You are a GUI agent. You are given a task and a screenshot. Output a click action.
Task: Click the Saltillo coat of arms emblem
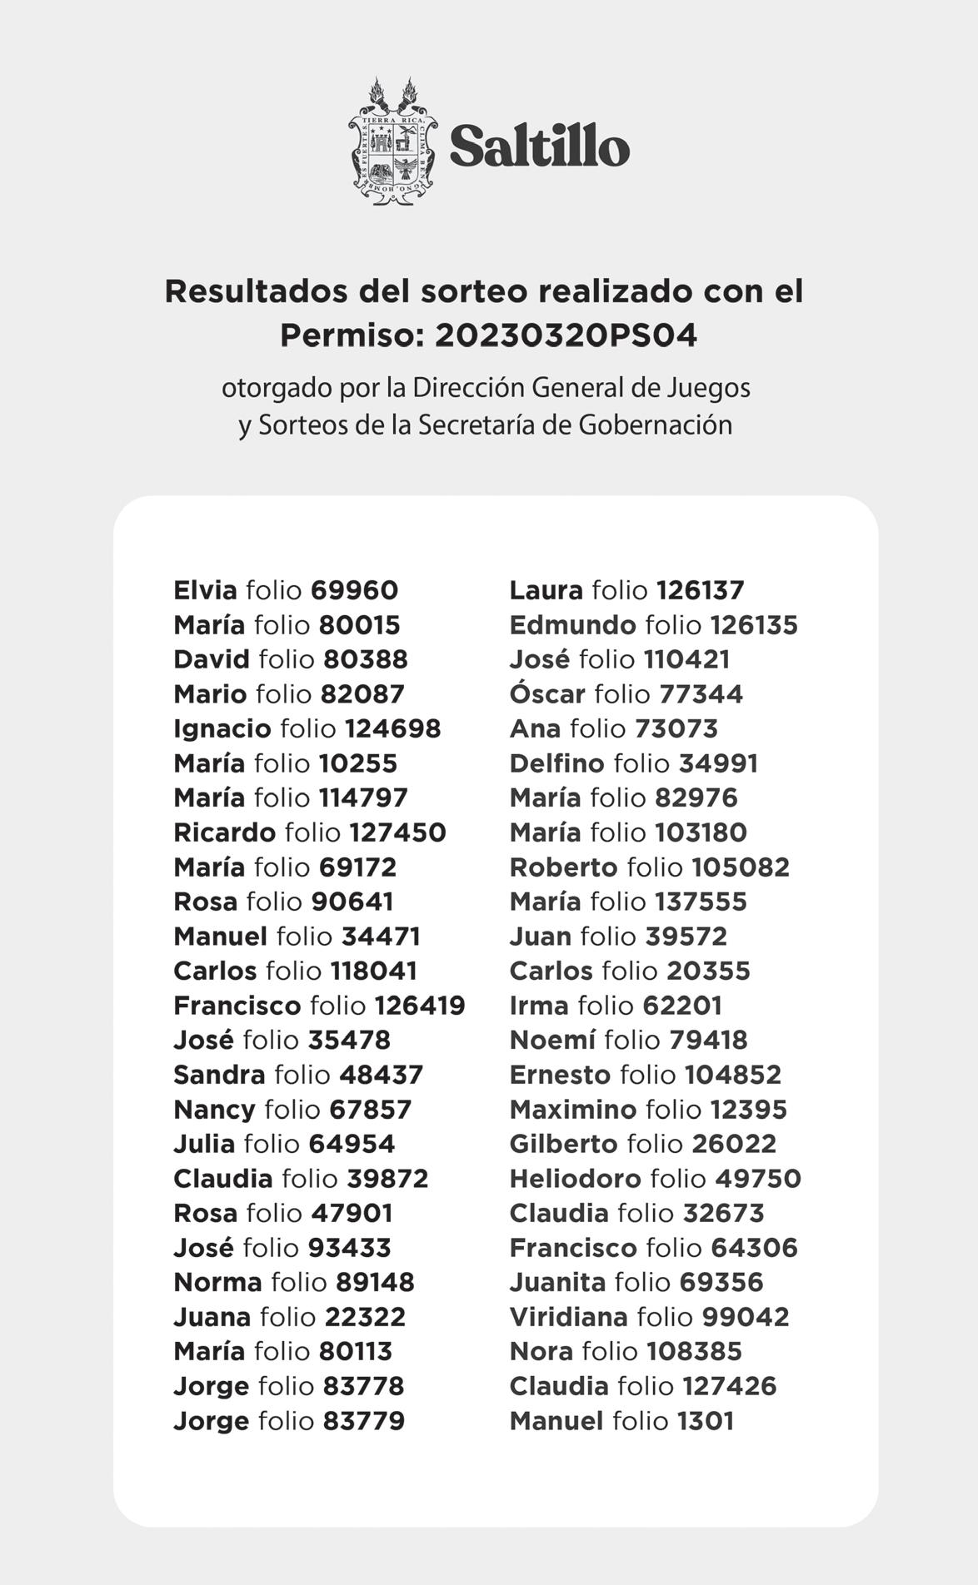click(392, 143)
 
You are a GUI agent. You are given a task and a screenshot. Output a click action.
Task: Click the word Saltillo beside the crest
click(539, 147)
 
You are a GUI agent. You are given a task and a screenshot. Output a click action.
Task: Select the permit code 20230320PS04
click(566, 335)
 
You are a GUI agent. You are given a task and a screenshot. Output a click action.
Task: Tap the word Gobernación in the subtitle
click(655, 425)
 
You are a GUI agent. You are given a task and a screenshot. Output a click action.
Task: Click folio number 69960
click(354, 590)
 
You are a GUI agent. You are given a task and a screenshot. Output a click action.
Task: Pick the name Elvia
click(205, 590)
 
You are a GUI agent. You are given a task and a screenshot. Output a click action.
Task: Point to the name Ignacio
click(222, 728)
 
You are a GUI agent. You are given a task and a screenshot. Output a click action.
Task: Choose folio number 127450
click(397, 832)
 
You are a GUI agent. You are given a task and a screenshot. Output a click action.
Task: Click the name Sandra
click(219, 1075)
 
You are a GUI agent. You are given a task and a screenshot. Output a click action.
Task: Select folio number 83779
click(363, 1421)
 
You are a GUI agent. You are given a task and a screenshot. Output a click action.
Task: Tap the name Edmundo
click(572, 625)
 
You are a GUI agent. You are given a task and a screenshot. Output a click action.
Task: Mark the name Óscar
click(547, 693)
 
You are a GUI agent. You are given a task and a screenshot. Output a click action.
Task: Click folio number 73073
click(676, 728)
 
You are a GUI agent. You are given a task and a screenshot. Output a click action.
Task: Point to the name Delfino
click(556, 763)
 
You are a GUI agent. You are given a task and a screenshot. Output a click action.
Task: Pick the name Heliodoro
click(575, 1179)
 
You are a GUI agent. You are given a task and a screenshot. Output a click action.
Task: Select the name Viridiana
click(568, 1317)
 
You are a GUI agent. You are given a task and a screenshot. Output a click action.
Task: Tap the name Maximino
click(572, 1110)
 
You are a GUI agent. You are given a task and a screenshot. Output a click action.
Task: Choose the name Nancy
click(214, 1110)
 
